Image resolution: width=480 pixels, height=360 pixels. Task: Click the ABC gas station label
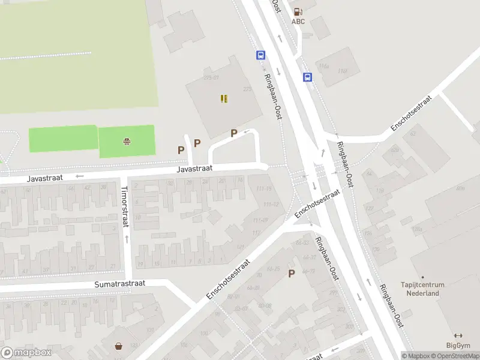tap(298, 22)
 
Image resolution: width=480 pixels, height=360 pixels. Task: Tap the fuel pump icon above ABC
tap(298, 11)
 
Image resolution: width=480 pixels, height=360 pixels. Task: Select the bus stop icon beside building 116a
tap(307, 77)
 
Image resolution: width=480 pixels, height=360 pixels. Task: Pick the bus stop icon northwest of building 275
tap(261, 55)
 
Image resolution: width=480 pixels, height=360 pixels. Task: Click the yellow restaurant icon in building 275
tap(224, 98)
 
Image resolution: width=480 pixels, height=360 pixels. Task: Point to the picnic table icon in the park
tap(127, 142)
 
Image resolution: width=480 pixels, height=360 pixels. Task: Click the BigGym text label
tap(458, 345)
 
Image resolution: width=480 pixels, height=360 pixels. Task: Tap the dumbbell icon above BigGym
tap(458, 335)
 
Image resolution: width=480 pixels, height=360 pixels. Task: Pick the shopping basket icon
tap(119, 346)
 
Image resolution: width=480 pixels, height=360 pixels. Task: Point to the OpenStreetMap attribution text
tap(454, 356)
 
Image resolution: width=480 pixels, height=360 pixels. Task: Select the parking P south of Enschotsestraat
tap(292, 274)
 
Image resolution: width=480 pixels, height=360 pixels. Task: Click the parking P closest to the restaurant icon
tap(234, 133)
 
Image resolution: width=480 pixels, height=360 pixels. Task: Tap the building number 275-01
tap(211, 77)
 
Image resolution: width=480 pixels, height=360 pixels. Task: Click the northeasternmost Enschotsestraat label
tap(411, 113)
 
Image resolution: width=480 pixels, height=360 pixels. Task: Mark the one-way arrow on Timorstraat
tap(127, 239)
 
